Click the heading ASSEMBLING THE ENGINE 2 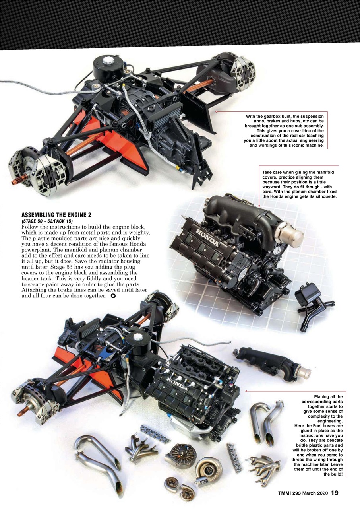pos(56,215)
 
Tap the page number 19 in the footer pos(334,493)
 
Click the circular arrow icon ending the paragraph pos(113,296)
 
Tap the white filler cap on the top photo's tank pos(108,61)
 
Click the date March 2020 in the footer pos(315,493)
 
